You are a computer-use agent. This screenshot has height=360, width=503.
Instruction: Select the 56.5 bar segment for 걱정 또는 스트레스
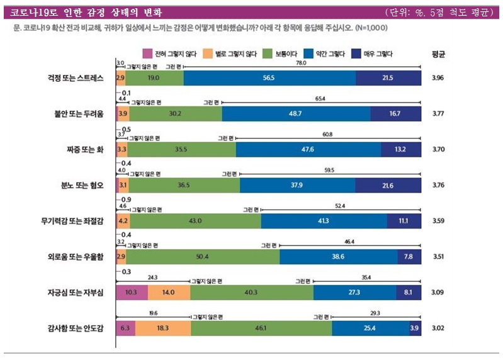click(x=269, y=78)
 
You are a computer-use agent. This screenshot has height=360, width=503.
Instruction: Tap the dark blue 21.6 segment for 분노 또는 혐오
click(x=388, y=185)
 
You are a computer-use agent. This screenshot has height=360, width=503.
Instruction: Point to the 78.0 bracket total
click(x=301, y=63)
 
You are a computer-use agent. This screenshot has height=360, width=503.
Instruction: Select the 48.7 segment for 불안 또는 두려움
click(x=296, y=114)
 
